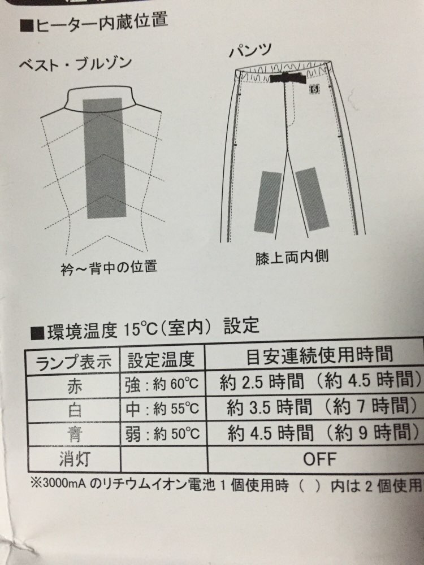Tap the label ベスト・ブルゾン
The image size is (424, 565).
click(76, 64)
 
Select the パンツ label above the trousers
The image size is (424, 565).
click(250, 50)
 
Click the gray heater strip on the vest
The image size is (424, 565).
click(105, 158)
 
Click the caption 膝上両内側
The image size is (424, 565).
click(292, 257)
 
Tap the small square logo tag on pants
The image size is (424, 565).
click(313, 88)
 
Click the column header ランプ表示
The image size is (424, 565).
click(73, 362)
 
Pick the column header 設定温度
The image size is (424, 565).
click(161, 359)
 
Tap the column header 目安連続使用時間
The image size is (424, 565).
click(319, 355)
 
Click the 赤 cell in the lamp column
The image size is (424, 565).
click(74, 386)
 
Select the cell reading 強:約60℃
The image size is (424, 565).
click(162, 384)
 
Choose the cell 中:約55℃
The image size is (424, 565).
click(162, 408)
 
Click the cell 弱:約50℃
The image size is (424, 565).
click(162, 433)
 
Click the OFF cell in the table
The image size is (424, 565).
click(320, 459)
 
